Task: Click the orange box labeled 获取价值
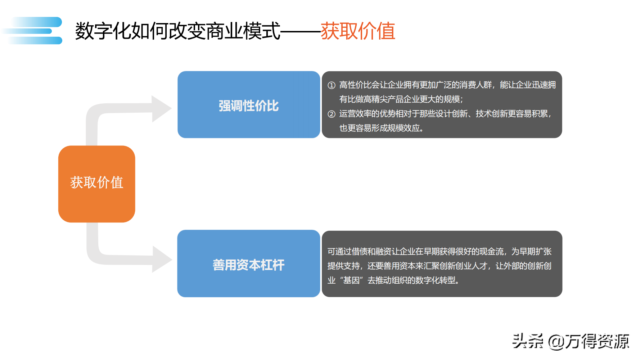(x=96, y=184)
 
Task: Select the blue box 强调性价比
(x=248, y=105)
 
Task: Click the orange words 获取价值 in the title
(x=358, y=31)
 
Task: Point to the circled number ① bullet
(x=332, y=85)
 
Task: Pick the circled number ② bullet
(x=332, y=114)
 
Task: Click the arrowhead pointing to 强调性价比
(x=161, y=108)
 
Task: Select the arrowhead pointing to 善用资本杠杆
(x=162, y=259)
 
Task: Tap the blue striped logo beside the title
(x=35, y=31)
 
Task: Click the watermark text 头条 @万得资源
(x=570, y=341)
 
